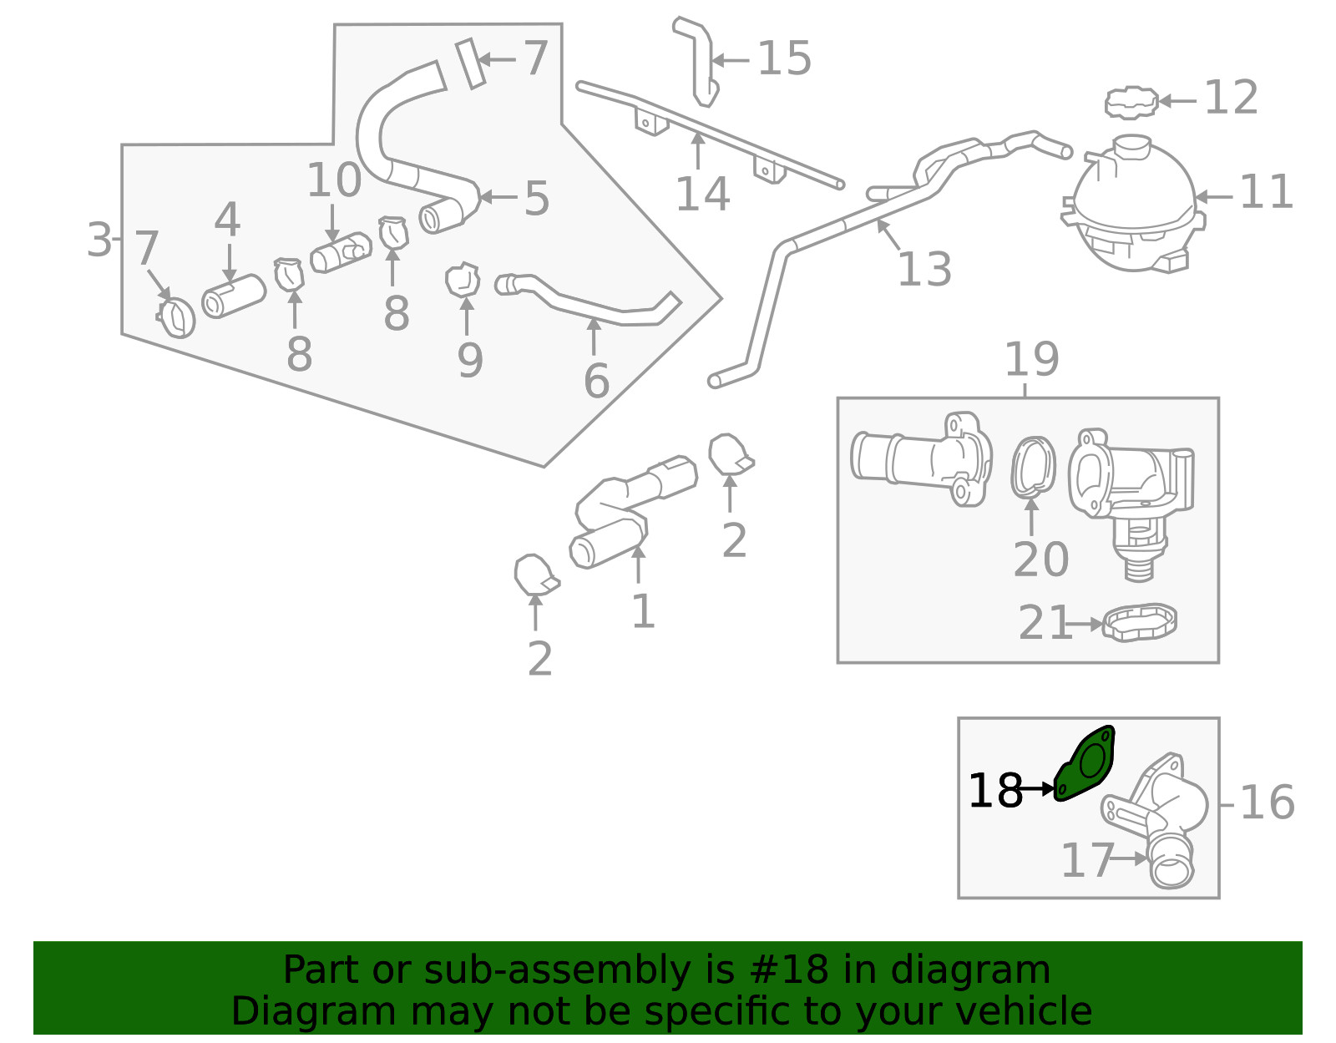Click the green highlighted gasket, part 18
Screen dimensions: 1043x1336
tap(1086, 763)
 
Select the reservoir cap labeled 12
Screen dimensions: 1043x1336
tap(1131, 103)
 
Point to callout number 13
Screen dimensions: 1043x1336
tap(924, 269)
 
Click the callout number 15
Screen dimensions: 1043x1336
tap(783, 58)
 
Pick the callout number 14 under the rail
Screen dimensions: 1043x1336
tap(701, 194)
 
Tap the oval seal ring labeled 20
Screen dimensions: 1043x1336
tap(1033, 468)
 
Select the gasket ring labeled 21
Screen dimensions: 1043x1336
tap(1140, 623)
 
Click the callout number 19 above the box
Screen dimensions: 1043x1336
tap(1031, 359)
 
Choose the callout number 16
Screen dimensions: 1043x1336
tap(1267, 803)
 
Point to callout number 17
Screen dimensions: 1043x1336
tap(1086, 860)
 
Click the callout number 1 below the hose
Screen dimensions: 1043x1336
tap(641, 611)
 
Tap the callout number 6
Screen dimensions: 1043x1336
tap(596, 381)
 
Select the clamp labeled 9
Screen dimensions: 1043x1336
tap(463, 281)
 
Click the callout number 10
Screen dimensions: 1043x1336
tap(333, 180)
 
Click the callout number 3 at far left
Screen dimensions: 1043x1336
tap(99, 240)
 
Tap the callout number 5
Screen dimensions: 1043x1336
tap(536, 199)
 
